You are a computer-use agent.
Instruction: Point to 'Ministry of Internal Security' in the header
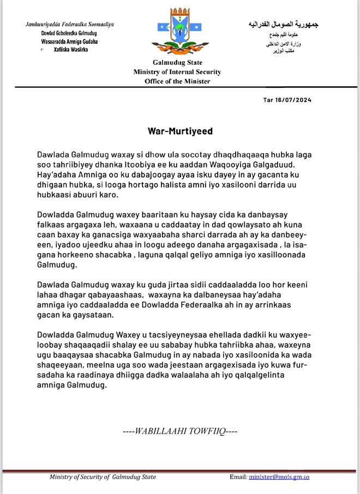click(x=177, y=72)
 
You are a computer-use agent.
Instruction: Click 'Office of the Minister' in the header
click(x=177, y=81)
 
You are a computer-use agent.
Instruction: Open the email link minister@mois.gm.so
click(x=279, y=477)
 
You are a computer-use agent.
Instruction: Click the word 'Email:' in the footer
click(x=238, y=477)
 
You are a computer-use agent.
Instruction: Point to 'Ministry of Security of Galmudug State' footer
click(x=103, y=477)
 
